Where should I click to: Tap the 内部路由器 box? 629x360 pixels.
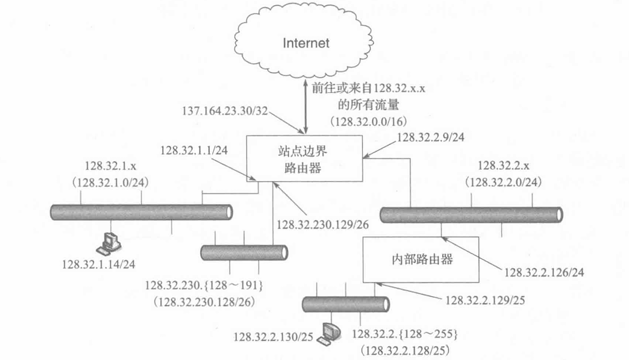click(x=417, y=259)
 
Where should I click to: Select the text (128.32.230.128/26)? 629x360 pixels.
click(x=201, y=301)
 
